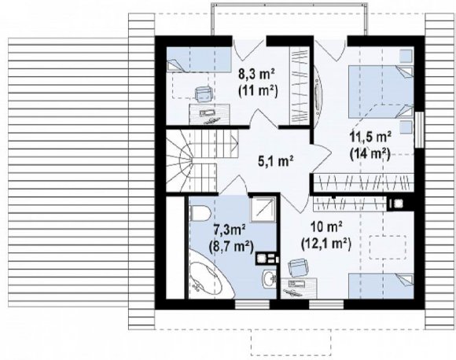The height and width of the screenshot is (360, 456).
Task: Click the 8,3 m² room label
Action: point(256,75)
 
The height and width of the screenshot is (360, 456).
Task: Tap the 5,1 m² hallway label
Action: point(275,161)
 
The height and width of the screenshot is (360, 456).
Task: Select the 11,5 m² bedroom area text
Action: point(370,137)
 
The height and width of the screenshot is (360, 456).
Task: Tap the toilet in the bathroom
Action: point(200,213)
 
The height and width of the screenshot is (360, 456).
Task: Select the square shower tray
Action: point(263,210)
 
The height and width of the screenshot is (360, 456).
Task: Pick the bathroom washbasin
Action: point(270,279)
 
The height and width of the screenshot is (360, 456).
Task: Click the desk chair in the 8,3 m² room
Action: point(204,94)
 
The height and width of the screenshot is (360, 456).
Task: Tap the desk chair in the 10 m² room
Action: point(297,268)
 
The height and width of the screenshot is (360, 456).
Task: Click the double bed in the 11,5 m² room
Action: point(381,92)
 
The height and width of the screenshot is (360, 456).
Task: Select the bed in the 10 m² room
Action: point(381,286)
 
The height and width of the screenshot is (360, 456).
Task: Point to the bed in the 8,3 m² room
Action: point(199,60)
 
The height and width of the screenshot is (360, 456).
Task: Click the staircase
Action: point(201,161)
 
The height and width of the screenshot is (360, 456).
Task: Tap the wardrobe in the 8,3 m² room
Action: point(299,85)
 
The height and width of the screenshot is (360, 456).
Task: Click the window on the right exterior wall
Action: point(419,130)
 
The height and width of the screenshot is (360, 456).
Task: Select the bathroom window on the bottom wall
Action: point(252,304)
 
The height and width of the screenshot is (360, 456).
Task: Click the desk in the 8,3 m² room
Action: point(209,114)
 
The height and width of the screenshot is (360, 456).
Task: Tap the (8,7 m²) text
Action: point(231,248)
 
